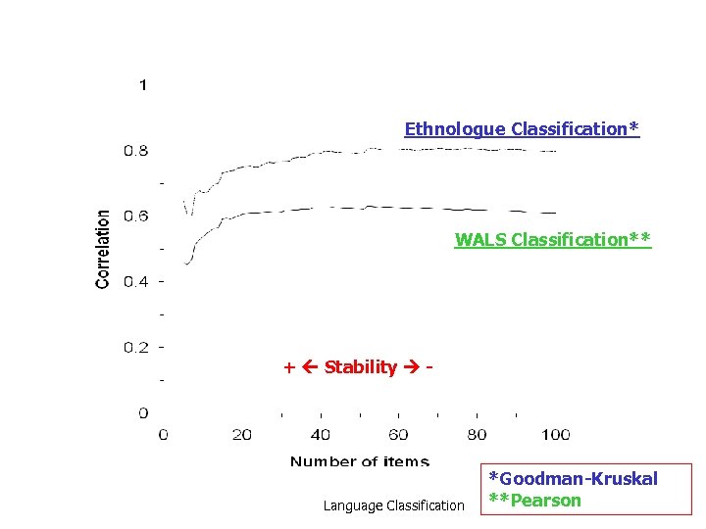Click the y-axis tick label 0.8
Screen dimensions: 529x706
pos(135,151)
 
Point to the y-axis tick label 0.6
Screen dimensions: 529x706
pos(135,216)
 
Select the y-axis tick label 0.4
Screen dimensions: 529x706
pos(135,282)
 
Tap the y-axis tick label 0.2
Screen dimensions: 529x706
pos(135,348)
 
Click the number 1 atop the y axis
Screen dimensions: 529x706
pos(143,85)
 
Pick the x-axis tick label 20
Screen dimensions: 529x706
pos(242,435)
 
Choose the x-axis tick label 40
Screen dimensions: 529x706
pos(321,435)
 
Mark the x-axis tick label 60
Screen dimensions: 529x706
pos(399,435)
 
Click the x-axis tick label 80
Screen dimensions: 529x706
pos(477,435)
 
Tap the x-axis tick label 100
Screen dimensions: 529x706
pos(555,435)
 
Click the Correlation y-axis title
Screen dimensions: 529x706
pos(103,249)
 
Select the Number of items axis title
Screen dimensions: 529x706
pos(359,461)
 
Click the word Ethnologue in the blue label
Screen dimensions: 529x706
pos(455,128)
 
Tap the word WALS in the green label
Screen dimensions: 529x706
pos(479,239)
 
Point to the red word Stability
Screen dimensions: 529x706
pos(360,367)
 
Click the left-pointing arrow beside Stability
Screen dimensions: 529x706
pos(311,367)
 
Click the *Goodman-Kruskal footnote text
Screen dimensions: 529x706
pos(573,479)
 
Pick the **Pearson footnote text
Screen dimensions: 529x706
pos(535,500)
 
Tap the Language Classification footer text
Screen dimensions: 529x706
pos(393,505)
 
